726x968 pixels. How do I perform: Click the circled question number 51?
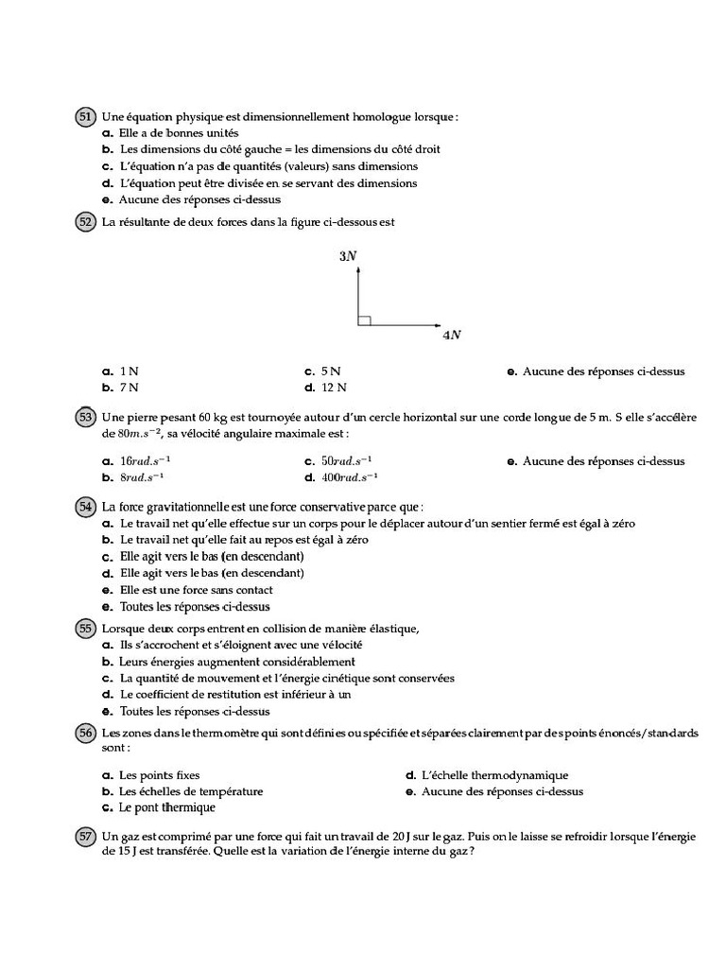85,117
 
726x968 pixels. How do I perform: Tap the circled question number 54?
85,507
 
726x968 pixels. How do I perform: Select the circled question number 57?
85,836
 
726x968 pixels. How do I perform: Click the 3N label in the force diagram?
348,256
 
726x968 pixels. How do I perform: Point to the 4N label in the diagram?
451,335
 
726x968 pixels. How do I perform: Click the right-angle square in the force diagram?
364,320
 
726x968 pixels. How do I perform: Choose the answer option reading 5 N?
330,372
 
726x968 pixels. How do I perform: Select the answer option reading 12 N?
333,387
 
